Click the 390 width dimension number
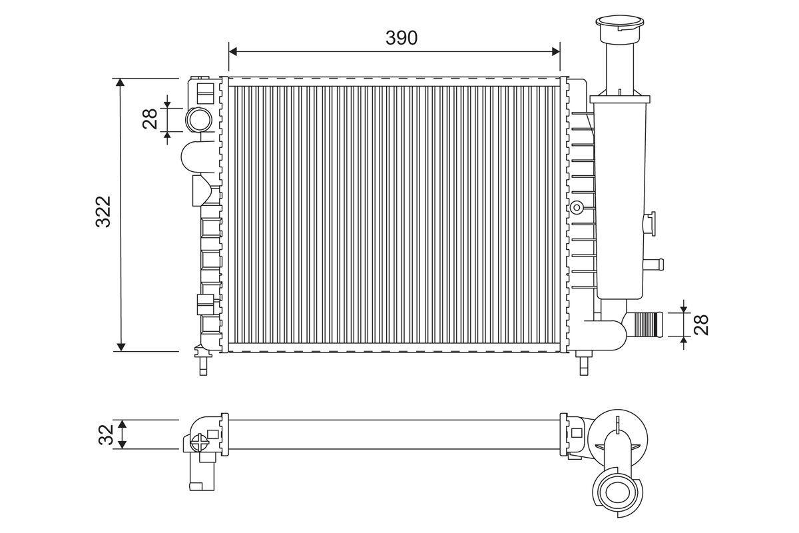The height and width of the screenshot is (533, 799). pyautogui.click(x=401, y=38)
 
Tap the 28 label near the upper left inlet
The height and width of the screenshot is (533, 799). pyautogui.click(x=150, y=119)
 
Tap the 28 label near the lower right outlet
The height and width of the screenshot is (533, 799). pyautogui.click(x=701, y=324)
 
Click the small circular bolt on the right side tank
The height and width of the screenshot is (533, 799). pyautogui.click(x=577, y=207)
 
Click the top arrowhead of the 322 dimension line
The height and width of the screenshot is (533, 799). pyautogui.click(x=121, y=83)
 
